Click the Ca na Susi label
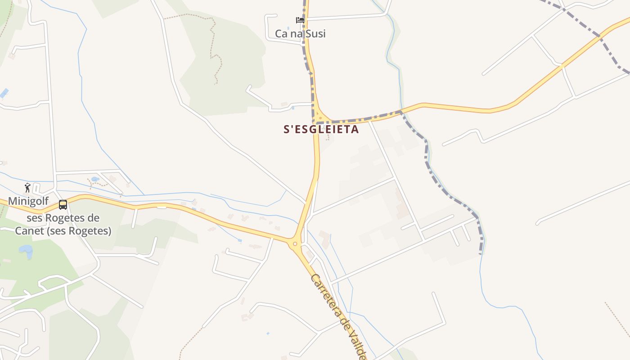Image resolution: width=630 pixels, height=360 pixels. [300, 34]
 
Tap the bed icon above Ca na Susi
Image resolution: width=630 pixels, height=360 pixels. [300, 20]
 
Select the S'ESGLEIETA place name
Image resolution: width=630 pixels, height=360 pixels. [321, 129]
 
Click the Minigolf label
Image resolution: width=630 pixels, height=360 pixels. [28, 201]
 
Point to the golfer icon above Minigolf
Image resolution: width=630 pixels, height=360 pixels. [28, 188]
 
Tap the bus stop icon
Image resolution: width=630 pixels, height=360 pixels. [63, 205]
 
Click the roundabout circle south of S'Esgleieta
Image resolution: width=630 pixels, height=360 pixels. [295, 244]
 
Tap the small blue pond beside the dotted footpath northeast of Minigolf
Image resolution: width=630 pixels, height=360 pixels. [95, 179]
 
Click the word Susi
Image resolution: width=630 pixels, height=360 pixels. [315, 34]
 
